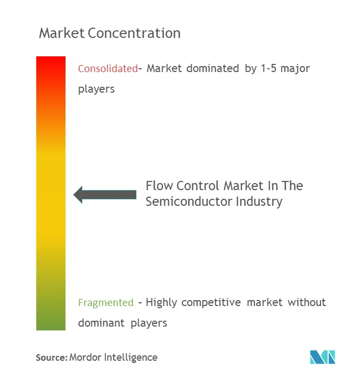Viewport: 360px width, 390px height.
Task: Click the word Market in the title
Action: [62, 33]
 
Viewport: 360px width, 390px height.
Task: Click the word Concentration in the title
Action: [134, 33]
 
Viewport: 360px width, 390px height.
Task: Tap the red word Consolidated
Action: [108, 68]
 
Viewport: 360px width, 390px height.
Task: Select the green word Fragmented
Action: [106, 302]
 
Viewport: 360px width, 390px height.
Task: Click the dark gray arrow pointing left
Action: [105, 194]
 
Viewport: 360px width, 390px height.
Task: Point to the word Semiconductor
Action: [189, 201]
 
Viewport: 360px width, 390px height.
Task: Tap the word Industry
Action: [259, 201]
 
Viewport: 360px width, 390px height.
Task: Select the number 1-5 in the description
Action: [269, 68]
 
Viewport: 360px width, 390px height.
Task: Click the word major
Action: [295, 69]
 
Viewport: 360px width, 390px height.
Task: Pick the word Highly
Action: [161, 303]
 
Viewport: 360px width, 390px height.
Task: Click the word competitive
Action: [211, 303]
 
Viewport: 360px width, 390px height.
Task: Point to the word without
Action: [307, 302]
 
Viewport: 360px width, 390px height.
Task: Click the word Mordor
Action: [85, 357]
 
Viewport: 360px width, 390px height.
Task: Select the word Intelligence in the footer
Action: [131, 357]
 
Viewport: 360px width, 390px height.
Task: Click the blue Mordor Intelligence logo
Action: [323, 357]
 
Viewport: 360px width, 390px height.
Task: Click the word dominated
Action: [213, 68]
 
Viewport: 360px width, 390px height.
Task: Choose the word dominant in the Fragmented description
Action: [101, 323]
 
